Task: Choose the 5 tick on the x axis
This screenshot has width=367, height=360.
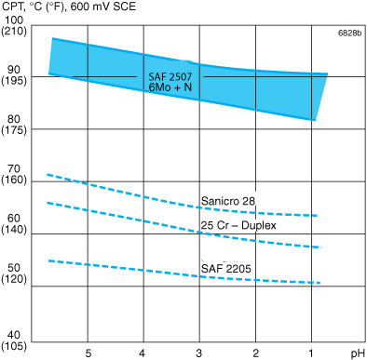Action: pos(88,353)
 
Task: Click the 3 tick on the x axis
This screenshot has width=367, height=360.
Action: pos(198,353)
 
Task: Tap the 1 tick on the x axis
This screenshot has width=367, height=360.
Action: pos(311,353)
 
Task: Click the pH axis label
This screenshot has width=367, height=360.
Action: pos(357,353)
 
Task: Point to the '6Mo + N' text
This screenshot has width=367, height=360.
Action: pos(168,87)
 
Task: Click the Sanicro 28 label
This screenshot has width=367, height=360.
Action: pos(228,201)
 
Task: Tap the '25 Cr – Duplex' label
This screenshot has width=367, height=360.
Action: pos(238,225)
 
